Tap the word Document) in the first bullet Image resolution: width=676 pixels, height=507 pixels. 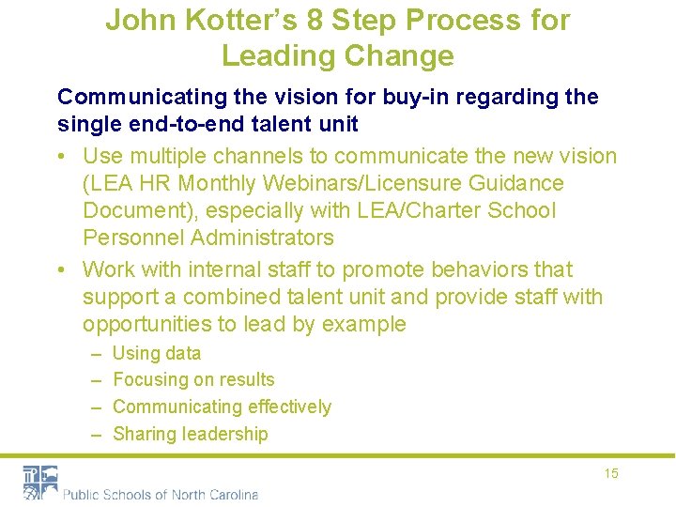(140, 211)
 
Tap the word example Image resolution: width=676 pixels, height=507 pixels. (364, 325)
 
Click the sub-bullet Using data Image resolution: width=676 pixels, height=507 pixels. (156, 354)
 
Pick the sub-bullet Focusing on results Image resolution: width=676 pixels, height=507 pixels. (193, 380)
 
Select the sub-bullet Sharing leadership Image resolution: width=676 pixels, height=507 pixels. (190, 434)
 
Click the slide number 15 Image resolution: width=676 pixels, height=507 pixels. (611, 473)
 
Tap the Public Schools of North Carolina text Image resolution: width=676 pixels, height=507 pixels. (160, 495)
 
